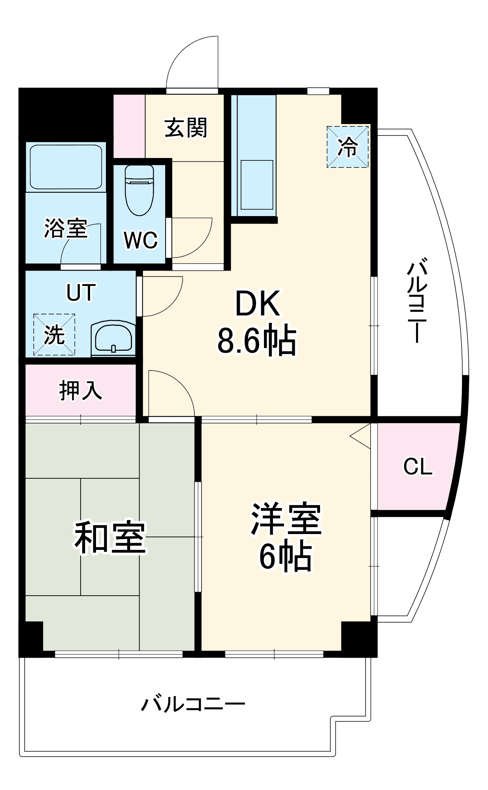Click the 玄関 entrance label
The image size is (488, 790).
point(185,128)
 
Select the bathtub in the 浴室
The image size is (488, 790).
point(66,167)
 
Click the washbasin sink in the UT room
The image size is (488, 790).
point(113,339)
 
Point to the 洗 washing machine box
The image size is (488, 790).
point(54,335)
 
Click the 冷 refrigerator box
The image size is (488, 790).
point(348,147)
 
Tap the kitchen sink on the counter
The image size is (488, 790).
point(257,184)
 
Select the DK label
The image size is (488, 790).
point(258,303)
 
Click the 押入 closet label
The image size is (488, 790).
point(81,390)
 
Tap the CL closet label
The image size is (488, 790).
point(417,466)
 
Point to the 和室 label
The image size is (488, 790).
point(110,538)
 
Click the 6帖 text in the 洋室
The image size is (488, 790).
point(285,557)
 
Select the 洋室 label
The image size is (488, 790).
point(286,518)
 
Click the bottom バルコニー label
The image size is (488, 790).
point(193,704)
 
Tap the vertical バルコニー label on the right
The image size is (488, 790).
point(416,300)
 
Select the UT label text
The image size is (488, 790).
point(81,293)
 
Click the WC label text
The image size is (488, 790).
point(140,240)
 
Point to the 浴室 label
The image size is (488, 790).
point(65,228)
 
